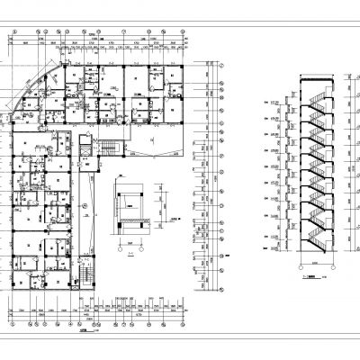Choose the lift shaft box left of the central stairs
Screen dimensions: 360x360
click(86, 143)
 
